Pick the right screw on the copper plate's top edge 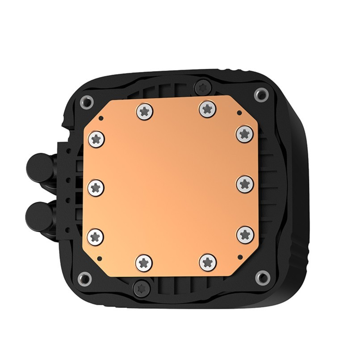point(206,107)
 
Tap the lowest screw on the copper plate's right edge point(244,234)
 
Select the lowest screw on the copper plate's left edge point(96,235)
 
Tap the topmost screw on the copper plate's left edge point(96,139)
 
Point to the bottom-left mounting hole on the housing point(85,277)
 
